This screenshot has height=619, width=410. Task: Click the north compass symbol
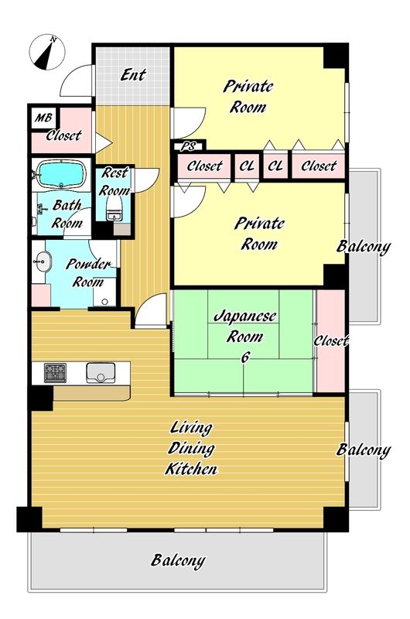click(47, 52)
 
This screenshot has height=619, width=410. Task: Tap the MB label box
click(43, 118)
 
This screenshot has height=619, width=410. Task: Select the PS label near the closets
click(188, 146)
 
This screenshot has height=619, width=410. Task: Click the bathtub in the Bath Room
click(61, 173)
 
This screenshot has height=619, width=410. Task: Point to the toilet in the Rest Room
click(114, 208)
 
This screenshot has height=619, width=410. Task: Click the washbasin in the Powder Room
click(42, 262)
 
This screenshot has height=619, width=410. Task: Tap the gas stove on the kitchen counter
click(55, 373)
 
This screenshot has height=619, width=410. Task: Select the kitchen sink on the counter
click(101, 373)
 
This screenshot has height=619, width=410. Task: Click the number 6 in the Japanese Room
click(245, 357)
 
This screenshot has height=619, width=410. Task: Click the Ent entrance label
click(133, 74)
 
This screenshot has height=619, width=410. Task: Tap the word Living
click(191, 427)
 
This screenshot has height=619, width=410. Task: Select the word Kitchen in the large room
click(191, 469)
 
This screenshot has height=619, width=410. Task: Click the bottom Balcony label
click(178, 560)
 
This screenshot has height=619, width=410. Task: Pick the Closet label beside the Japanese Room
click(331, 340)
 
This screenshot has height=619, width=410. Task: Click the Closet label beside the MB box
click(63, 135)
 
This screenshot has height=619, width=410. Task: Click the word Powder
click(88, 264)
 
